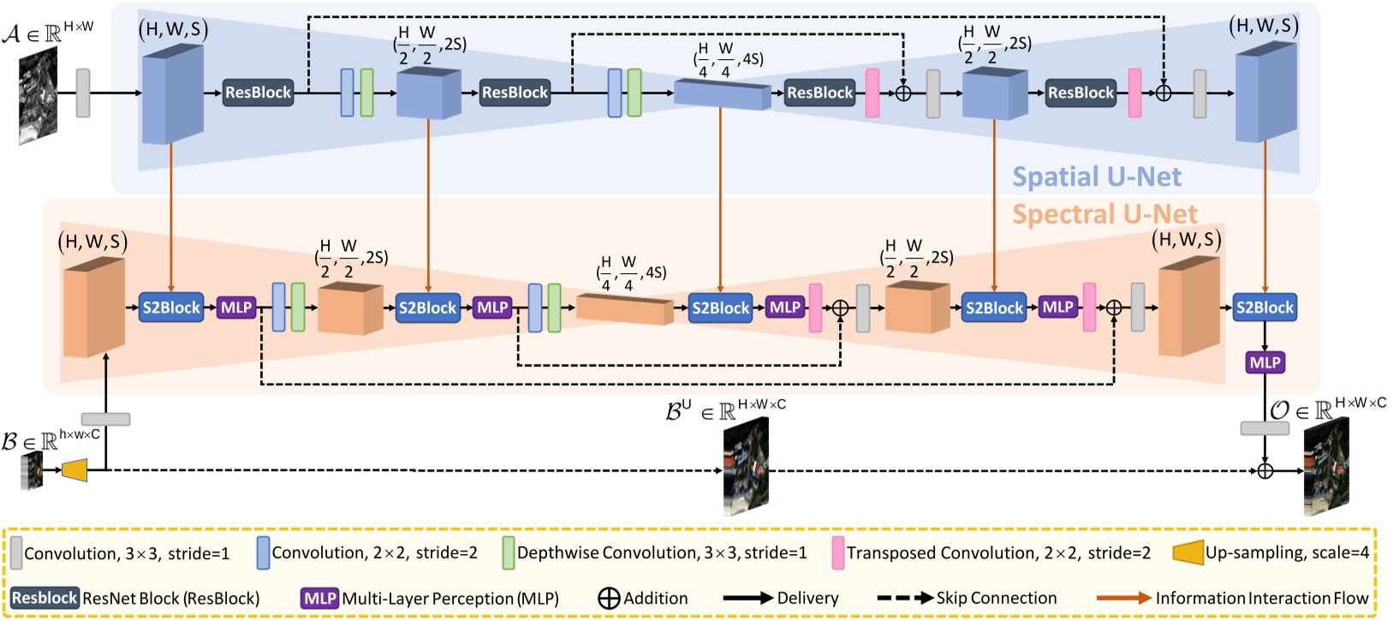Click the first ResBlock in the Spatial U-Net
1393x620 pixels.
coord(258,92)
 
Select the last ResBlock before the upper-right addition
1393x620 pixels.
coord(1080,92)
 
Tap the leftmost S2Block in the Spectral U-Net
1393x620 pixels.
coord(171,307)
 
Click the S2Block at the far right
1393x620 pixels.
coord(1265,307)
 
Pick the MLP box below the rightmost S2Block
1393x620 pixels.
coord(1265,362)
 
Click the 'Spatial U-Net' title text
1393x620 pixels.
coord(1096,176)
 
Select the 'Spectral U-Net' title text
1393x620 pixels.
coord(1104,214)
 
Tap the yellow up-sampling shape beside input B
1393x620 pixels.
coord(75,469)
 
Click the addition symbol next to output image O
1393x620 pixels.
coord(1265,470)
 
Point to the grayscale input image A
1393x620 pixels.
coord(39,96)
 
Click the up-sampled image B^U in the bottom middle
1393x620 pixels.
coord(746,467)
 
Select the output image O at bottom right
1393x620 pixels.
coord(1326,469)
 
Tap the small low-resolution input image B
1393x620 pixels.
coord(33,469)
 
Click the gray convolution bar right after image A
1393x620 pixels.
coord(83,92)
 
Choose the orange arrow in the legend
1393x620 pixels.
coord(1123,598)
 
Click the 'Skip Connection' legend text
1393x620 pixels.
coord(996,598)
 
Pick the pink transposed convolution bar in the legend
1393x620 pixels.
coord(837,553)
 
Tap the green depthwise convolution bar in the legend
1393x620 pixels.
coord(509,553)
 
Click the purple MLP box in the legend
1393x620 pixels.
coord(319,598)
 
